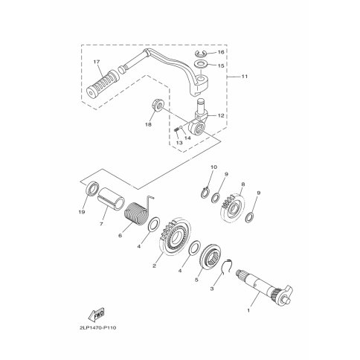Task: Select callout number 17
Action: coord(97,62)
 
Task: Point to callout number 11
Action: coord(245,77)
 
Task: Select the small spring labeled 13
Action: coord(176,129)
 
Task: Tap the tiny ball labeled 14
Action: coord(181,126)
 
